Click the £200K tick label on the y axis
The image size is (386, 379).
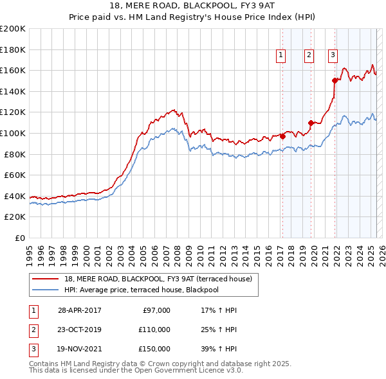click(x=13, y=28)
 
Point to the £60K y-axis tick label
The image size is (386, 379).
click(x=15, y=175)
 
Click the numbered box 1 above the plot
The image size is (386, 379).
click(x=282, y=56)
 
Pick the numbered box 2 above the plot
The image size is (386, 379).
click(x=309, y=56)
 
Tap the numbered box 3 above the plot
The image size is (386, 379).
click(x=333, y=56)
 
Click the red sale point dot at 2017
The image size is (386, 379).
click(x=282, y=136)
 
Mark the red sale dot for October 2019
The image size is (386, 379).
click(x=311, y=123)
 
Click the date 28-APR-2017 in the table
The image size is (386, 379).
click(x=79, y=310)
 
